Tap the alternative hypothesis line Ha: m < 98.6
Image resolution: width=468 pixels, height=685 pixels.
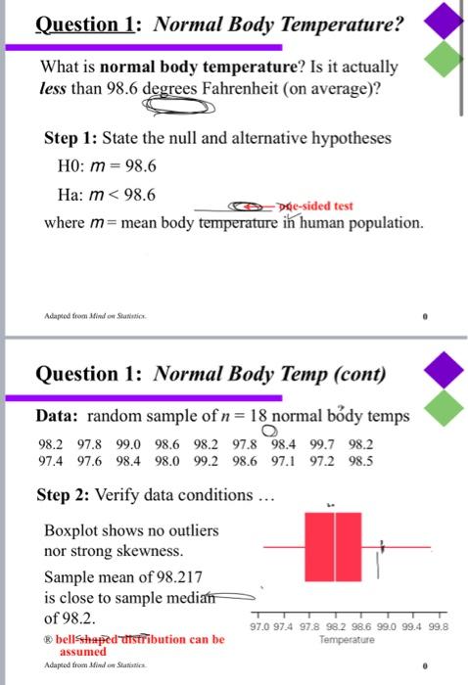pyautogui.click(x=100, y=195)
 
